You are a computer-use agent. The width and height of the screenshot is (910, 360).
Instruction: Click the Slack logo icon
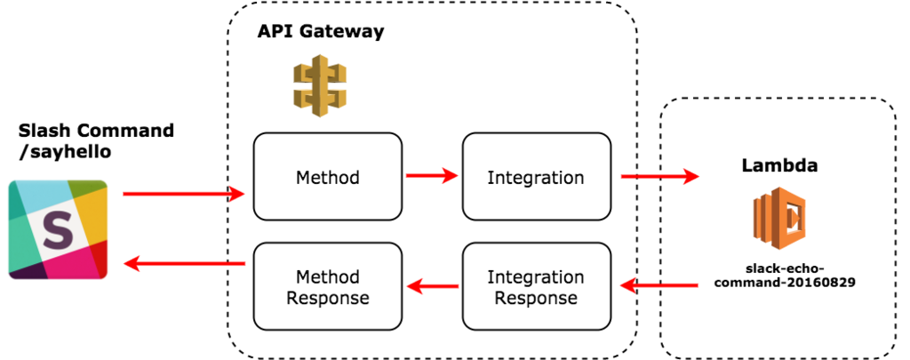[58, 230]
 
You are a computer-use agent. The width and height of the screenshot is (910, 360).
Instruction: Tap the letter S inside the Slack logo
[58, 230]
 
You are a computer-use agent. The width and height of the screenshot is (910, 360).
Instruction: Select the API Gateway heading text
[320, 31]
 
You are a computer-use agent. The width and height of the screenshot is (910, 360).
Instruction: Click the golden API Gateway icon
[319, 85]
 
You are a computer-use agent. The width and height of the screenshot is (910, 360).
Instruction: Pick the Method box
[328, 177]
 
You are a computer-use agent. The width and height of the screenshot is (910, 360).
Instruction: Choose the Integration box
[536, 177]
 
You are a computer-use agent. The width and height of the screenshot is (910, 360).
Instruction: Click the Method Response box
[328, 286]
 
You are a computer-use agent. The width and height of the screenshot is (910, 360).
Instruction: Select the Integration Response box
[536, 286]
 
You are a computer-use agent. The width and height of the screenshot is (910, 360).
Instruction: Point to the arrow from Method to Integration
[432, 174]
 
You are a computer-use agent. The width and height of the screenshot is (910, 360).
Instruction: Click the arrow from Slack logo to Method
[184, 194]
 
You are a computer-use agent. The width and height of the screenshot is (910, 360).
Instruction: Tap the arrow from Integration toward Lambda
[660, 175]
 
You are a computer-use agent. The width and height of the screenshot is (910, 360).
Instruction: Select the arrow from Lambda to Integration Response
[659, 284]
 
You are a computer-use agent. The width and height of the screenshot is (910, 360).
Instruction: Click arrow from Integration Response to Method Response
[433, 285]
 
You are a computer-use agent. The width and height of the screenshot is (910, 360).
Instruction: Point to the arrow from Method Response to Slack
[185, 264]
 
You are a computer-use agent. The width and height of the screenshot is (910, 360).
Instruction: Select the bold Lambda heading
[780, 166]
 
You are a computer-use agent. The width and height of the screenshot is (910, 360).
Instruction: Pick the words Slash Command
[96, 131]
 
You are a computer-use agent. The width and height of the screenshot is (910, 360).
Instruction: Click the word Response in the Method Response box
[328, 298]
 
